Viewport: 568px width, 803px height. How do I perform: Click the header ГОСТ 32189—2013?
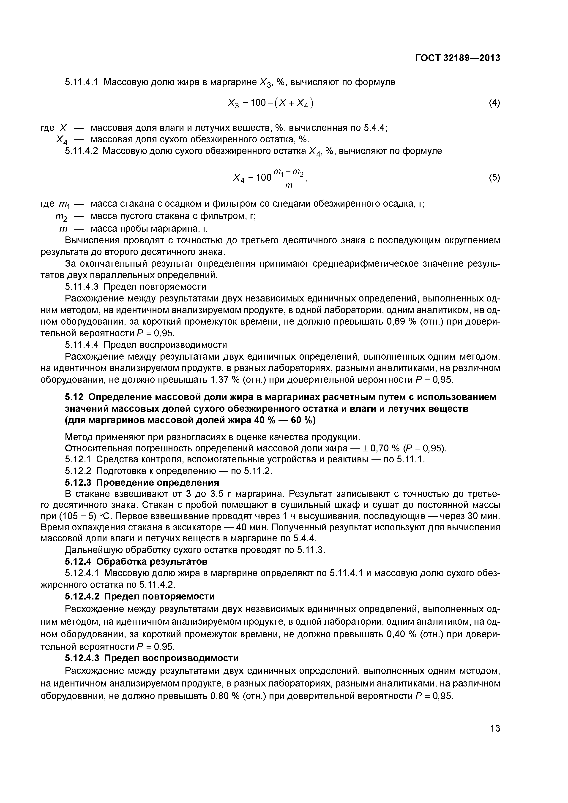tap(457, 58)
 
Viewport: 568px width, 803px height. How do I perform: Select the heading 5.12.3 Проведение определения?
tap(142, 482)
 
